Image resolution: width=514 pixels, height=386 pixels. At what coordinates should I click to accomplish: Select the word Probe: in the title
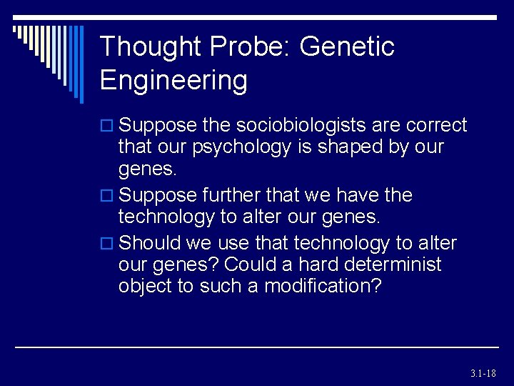tap(251, 47)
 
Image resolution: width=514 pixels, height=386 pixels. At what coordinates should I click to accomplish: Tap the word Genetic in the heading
tap(347, 47)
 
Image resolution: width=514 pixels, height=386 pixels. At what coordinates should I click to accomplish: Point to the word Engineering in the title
tap(173, 80)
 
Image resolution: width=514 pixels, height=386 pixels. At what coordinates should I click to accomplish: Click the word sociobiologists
tap(295, 126)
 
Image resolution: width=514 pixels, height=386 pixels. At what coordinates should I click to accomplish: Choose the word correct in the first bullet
tap(436, 126)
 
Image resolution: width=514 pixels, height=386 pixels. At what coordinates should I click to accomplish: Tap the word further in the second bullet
tap(231, 195)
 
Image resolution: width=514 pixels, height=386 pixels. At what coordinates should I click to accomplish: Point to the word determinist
tap(392, 264)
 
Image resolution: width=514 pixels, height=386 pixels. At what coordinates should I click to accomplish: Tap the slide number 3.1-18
tap(483, 373)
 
